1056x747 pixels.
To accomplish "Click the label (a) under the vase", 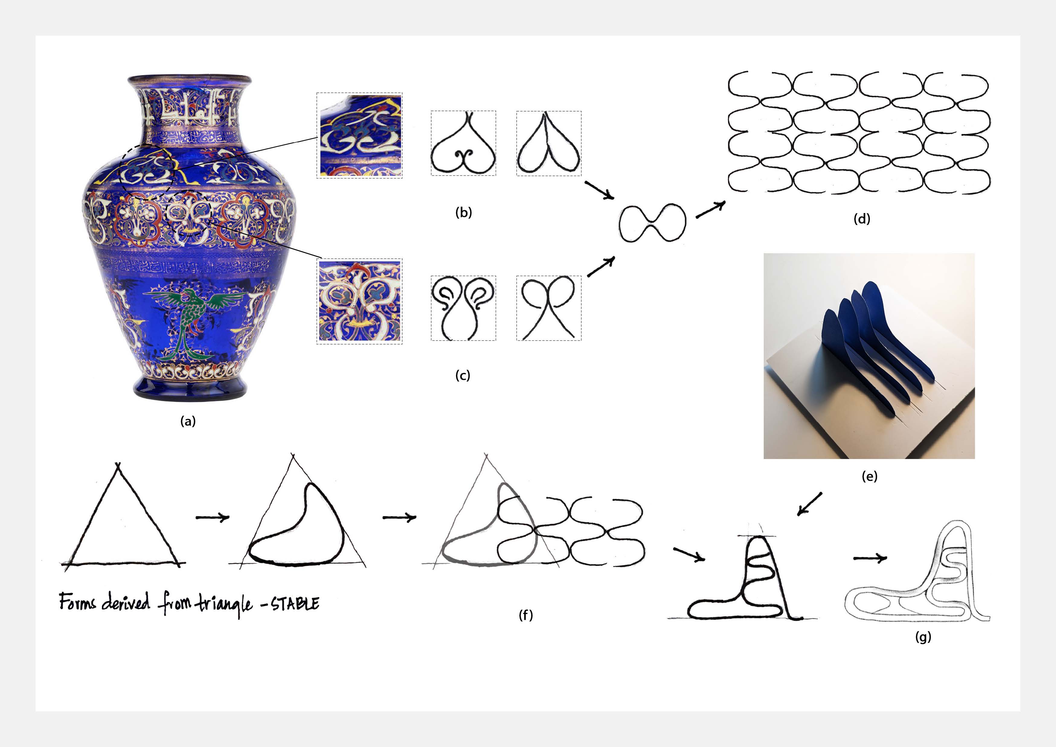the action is coord(188,421).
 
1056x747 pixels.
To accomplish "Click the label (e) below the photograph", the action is coord(869,476).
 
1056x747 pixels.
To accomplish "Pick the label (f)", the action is coord(526,615).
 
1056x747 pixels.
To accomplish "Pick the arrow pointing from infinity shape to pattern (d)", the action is coord(711,209).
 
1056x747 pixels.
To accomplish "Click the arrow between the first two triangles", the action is coord(213,517).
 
